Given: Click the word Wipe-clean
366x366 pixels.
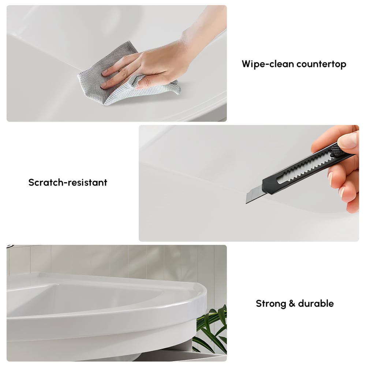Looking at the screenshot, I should point(268,64).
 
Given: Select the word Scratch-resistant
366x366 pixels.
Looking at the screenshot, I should point(68,182).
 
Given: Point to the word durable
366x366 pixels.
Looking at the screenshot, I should point(316,303).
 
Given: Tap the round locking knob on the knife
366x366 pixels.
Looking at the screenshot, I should point(335,150).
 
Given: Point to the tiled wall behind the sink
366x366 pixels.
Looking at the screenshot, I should point(146,258).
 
